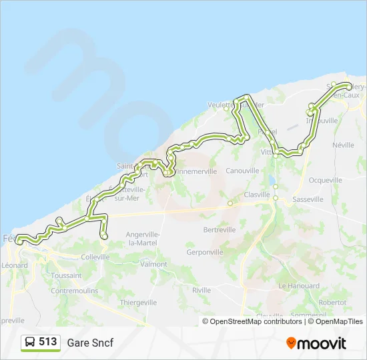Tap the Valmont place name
coord(154,265)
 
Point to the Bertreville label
coord(220,230)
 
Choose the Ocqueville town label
coord(326,180)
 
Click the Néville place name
coord(343,145)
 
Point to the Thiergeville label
coord(138,302)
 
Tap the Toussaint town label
coord(66,275)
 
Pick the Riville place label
coord(202,290)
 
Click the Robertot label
coord(333,302)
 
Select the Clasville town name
coord(256,195)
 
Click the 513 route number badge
coord(41,343)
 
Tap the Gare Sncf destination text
coord(90,343)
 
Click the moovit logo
coord(316,343)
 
